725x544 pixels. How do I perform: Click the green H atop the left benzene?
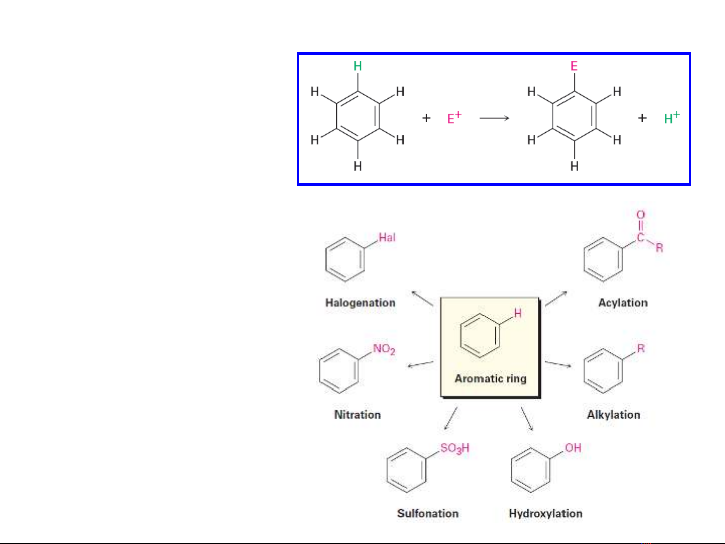click(x=358, y=66)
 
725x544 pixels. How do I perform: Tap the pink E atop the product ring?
click(x=574, y=66)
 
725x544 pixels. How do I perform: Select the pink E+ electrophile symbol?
click(x=454, y=118)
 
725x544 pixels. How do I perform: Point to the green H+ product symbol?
click(x=671, y=118)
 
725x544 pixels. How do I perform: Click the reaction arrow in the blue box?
click(x=495, y=118)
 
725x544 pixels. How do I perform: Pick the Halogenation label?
click(x=360, y=303)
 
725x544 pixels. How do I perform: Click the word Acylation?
click(x=622, y=303)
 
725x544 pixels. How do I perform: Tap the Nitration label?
click(x=357, y=415)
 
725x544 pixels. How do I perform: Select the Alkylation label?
click(x=613, y=415)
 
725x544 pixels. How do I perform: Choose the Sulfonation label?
click(x=428, y=513)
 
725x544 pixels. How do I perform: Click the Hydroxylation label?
click(x=545, y=513)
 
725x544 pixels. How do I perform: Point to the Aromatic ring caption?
click(x=491, y=378)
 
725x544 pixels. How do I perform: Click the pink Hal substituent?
click(x=387, y=238)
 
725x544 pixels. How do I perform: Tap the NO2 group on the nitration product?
click(x=384, y=349)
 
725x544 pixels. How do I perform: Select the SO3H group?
click(x=455, y=448)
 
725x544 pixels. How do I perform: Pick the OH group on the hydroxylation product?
click(x=573, y=448)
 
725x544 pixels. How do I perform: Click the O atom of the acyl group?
click(x=640, y=215)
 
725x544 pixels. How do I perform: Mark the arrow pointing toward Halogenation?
click(x=422, y=298)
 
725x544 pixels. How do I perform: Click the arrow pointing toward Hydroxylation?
click(x=527, y=419)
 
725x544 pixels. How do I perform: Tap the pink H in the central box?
click(x=518, y=314)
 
